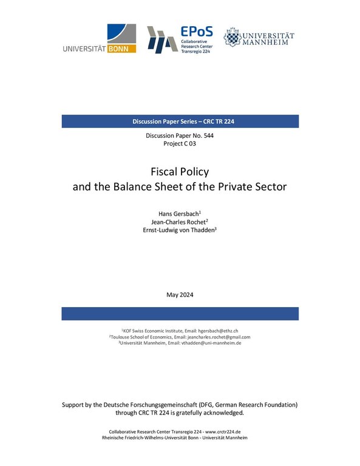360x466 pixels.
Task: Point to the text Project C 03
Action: pyautogui.click(x=180, y=144)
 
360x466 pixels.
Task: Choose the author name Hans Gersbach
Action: pyautogui.click(x=178, y=215)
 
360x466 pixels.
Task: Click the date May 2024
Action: pyautogui.click(x=180, y=294)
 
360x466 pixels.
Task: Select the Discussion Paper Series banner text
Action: pyautogui.click(x=180, y=121)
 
